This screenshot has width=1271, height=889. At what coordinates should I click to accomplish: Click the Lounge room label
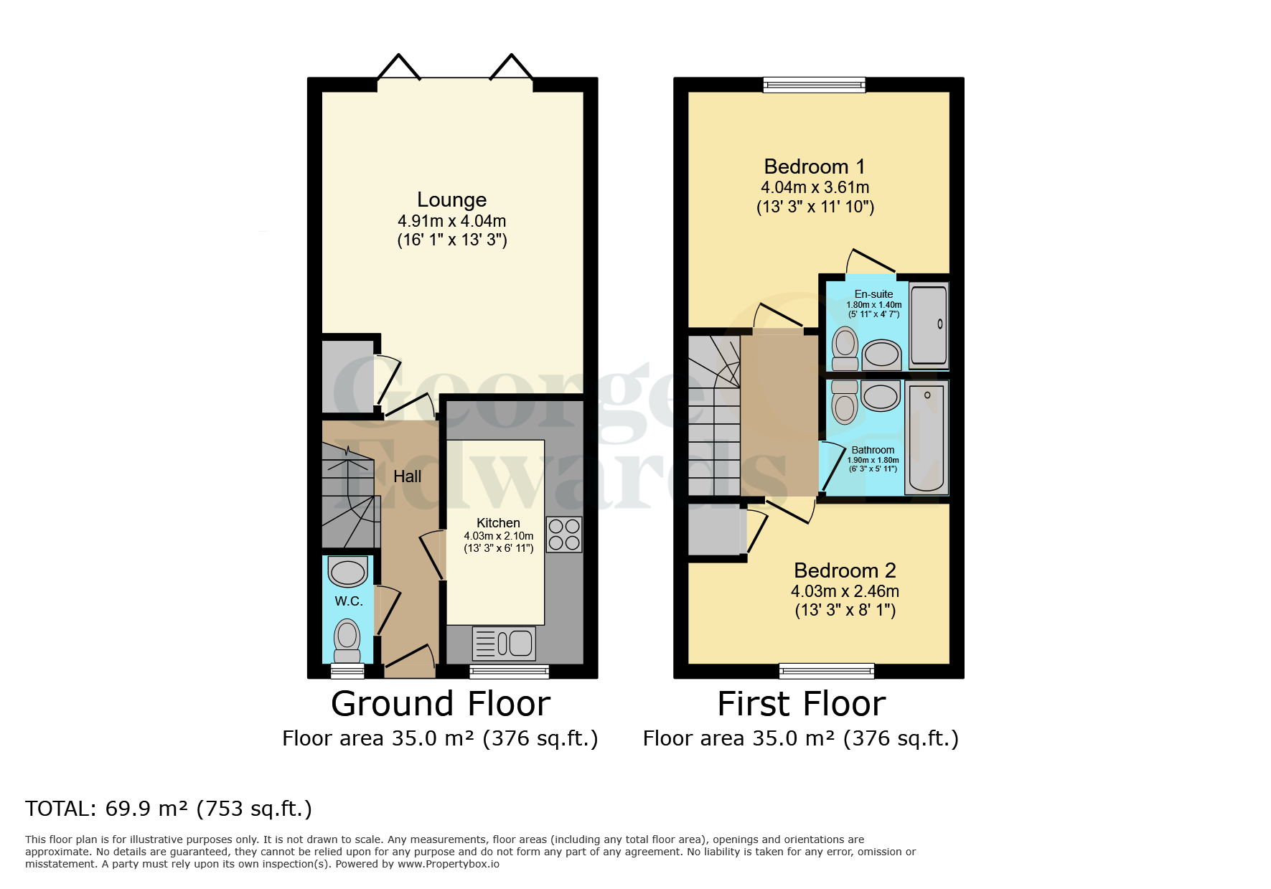451,199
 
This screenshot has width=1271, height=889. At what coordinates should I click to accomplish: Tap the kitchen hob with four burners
564,535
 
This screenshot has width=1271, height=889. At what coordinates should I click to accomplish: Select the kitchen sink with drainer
504,643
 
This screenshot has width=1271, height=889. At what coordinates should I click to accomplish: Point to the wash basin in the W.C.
348,573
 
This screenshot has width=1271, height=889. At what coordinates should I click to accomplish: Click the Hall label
407,476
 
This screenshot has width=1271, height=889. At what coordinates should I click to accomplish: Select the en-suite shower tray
929,324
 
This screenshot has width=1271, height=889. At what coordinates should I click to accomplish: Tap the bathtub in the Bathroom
926,438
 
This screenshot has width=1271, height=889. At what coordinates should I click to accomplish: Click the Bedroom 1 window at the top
814,85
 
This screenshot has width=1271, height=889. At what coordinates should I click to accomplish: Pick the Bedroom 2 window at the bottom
826,671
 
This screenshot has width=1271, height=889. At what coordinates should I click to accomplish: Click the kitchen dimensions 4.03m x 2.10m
498,536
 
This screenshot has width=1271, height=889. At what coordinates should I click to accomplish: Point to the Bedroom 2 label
845,570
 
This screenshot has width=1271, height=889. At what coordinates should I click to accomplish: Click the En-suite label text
873,294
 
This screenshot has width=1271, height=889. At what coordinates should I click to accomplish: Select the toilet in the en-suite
845,348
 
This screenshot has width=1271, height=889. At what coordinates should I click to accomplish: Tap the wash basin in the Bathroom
881,396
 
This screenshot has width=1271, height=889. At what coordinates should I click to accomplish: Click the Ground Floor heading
441,704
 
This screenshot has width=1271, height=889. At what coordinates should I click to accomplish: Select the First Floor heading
801,704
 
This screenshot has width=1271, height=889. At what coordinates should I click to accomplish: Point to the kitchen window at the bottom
509,671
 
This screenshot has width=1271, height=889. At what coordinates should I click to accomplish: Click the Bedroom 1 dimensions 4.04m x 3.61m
815,187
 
